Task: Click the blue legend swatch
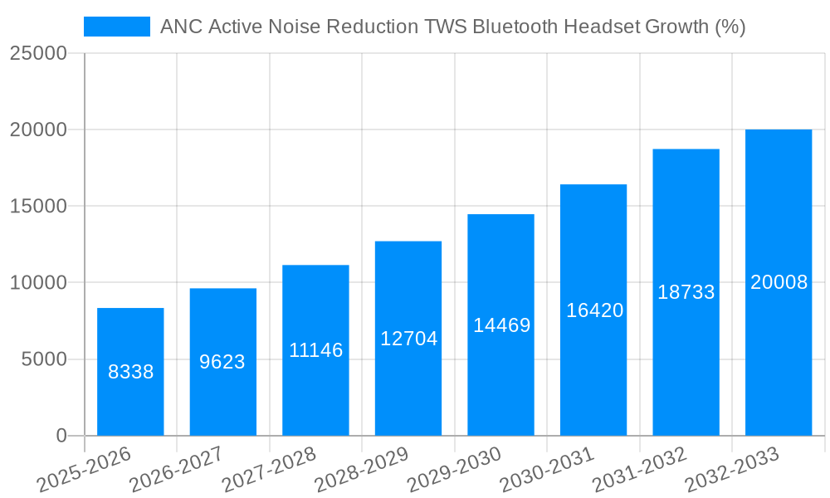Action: click(x=116, y=27)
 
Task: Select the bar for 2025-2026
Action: click(x=130, y=372)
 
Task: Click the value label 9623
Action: click(x=222, y=362)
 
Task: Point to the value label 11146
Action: click(x=315, y=350)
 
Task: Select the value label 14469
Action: click(x=501, y=325)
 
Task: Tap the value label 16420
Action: click(x=594, y=310)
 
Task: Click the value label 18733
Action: click(x=686, y=292)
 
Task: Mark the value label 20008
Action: click(x=779, y=282)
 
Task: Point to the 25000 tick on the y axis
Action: click(x=38, y=54)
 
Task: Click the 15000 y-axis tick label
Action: click(x=38, y=207)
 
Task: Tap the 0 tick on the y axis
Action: click(x=61, y=436)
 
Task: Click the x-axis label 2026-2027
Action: click(x=176, y=469)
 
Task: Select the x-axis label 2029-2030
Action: click(x=454, y=469)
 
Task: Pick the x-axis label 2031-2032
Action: click(x=639, y=469)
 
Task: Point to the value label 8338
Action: click(x=130, y=372)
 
